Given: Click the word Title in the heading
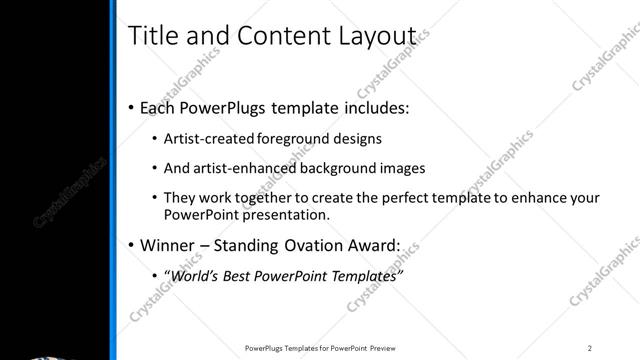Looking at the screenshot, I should [x=152, y=35].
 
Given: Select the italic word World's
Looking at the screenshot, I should [x=192, y=275].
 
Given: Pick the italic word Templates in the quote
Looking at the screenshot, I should [x=368, y=275].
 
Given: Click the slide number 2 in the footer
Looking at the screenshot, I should [x=590, y=348].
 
